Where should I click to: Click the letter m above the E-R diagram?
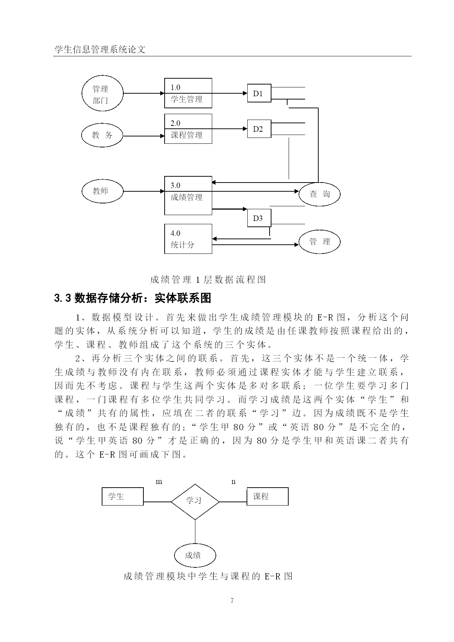point(159,482)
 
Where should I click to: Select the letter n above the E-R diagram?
point(234,482)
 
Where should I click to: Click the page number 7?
point(232,600)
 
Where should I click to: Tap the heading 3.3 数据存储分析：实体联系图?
point(133,298)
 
